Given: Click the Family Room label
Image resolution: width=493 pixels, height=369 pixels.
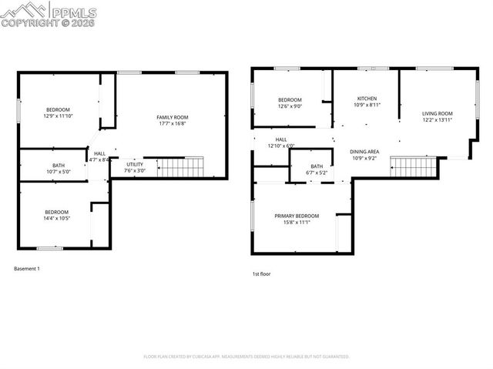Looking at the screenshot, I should tap(172, 116).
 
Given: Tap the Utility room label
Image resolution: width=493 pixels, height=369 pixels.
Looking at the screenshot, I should tap(135, 164).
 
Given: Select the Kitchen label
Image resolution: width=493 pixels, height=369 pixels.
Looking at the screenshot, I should tap(367, 98).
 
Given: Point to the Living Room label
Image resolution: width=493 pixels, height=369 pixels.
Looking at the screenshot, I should tap(436, 114).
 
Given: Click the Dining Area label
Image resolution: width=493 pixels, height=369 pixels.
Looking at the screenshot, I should tap(364, 152).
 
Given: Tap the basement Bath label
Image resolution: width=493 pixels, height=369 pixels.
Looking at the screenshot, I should tap(59, 164).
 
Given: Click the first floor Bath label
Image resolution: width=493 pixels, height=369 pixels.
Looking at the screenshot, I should tap(317, 166).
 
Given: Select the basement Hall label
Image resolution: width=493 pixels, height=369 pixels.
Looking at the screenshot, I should tap(99, 153).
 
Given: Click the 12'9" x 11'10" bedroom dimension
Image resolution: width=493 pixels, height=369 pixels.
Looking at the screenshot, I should tap(59, 116).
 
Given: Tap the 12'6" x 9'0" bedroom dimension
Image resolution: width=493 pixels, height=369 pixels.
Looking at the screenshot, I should tap(290, 106).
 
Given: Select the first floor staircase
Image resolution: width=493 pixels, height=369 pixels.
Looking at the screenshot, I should tap(413, 166).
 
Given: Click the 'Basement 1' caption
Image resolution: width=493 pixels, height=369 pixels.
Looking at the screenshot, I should tap(27, 269).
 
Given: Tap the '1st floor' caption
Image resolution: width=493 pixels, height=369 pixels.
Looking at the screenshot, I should tap(262, 273).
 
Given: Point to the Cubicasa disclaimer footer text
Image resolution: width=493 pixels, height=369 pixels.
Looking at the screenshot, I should tap(246, 357).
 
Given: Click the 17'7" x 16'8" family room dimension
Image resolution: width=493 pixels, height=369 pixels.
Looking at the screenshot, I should tap(172, 123).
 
